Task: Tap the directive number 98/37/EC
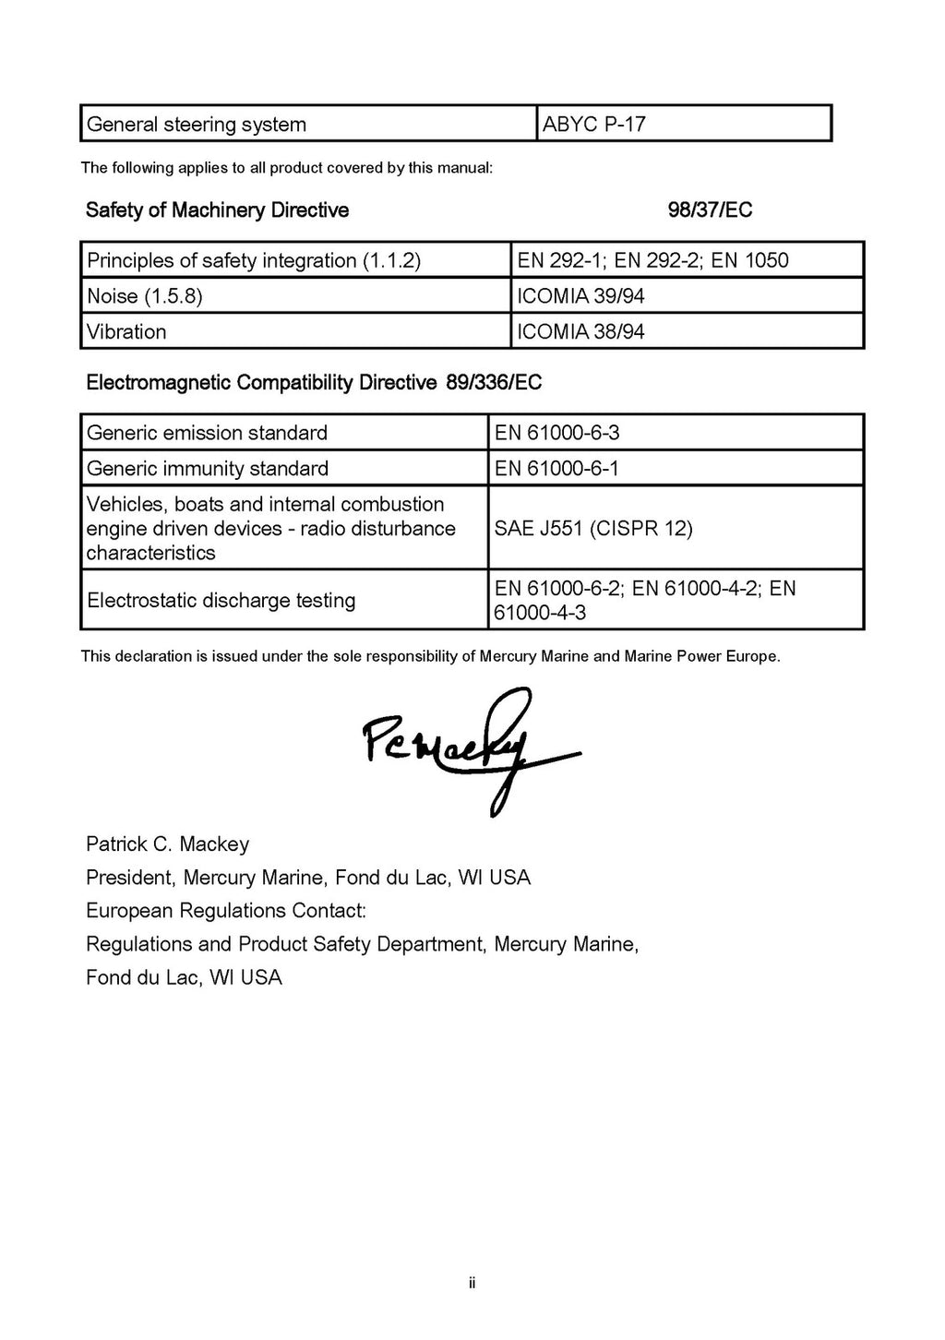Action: pyautogui.click(x=710, y=210)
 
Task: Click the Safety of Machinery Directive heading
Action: pyautogui.click(x=217, y=210)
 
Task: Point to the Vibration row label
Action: pyautogui.click(x=126, y=332)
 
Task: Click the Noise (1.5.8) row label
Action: pyautogui.click(x=145, y=296)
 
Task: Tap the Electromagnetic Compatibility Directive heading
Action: pyautogui.click(x=314, y=382)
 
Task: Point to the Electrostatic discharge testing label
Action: pyautogui.click(x=221, y=601)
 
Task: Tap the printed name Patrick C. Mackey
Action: pyautogui.click(x=167, y=844)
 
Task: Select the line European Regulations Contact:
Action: pyautogui.click(x=226, y=911)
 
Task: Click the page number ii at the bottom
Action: pyautogui.click(x=472, y=1283)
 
